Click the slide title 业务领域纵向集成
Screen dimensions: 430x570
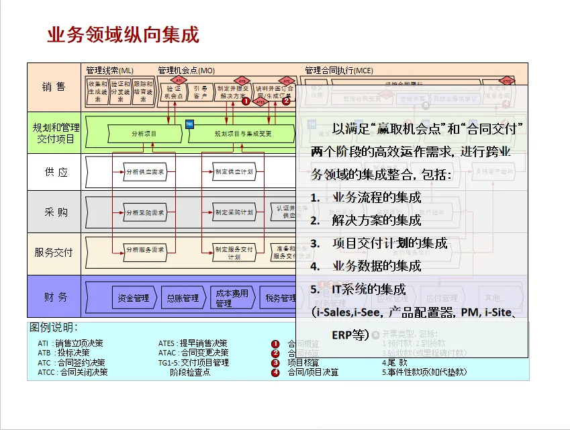point(123,35)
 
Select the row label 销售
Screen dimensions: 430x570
point(54,87)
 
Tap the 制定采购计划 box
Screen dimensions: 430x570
point(234,212)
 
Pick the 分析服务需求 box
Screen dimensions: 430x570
point(144,250)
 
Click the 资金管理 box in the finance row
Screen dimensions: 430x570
point(132,298)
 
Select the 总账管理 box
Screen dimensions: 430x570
point(182,298)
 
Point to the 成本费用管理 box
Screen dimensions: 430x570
point(232,298)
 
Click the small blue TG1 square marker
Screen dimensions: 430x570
point(189,124)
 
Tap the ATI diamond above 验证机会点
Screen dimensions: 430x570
point(171,80)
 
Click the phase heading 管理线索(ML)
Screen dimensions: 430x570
point(109,70)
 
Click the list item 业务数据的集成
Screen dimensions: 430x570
point(376,266)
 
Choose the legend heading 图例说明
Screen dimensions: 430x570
point(54,327)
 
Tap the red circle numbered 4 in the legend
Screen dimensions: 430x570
point(275,372)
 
